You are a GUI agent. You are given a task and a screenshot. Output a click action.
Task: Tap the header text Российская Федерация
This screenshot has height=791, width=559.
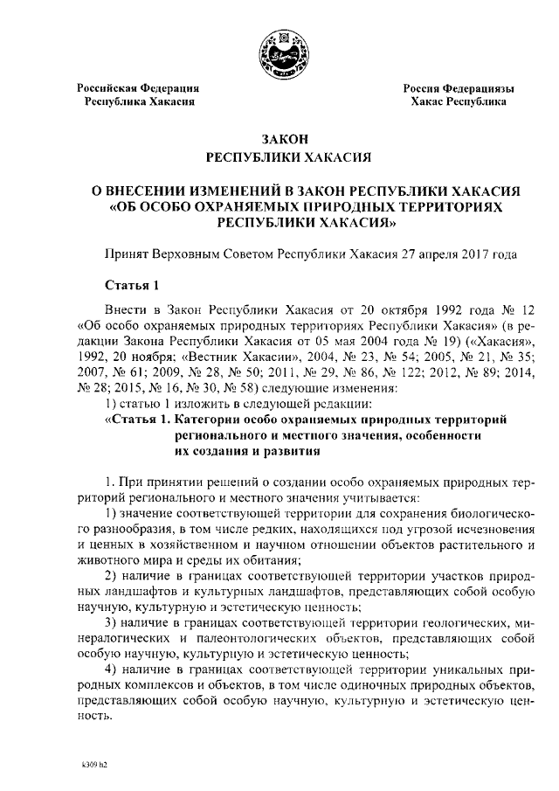click(x=138, y=89)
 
